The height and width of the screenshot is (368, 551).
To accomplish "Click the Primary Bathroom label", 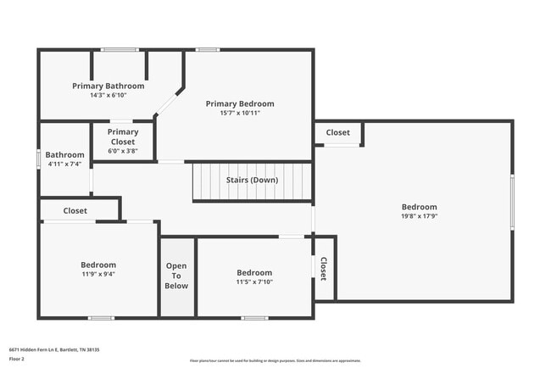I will pyautogui.click(x=108, y=86).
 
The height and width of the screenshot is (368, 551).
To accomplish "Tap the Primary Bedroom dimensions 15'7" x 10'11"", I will pyautogui.click(x=240, y=113).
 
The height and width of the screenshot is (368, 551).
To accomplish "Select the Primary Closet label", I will pyautogui.click(x=123, y=137).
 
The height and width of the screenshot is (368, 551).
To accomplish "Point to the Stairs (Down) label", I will pyautogui.click(x=252, y=180).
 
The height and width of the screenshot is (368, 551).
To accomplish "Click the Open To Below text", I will pyautogui.click(x=176, y=276).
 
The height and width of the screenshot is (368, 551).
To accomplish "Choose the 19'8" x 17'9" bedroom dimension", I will pyautogui.click(x=419, y=216).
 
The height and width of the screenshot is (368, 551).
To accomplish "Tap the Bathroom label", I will pyautogui.click(x=64, y=155).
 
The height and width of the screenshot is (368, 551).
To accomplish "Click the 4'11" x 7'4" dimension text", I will pyautogui.click(x=64, y=164).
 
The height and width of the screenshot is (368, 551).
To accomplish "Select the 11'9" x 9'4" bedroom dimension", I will pyautogui.click(x=98, y=274).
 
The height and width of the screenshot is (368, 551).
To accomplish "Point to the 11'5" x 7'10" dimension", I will pyautogui.click(x=254, y=282).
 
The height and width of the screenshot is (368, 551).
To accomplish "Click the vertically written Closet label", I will pyautogui.click(x=323, y=269).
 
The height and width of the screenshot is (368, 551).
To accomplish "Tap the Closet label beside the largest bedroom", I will pyautogui.click(x=338, y=132).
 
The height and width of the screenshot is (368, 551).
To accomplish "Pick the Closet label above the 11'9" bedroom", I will pyautogui.click(x=75, y=210).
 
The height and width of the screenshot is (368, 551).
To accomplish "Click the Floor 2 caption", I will pyautogui.click(x=17, y=359).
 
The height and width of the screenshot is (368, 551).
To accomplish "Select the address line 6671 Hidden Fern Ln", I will pyautogui.click(x=53, y=348).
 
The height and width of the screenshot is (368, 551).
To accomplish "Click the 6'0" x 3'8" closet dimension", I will pyautogui.click(x=123, y=151).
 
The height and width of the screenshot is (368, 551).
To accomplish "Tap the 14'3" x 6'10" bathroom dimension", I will pyautogui.click(x=108, y=95).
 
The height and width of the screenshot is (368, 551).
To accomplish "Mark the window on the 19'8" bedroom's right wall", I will pyautogui.click(x=512, y=202).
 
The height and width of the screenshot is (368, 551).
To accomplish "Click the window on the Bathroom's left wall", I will pyautogui.click(x=38, y=159).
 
